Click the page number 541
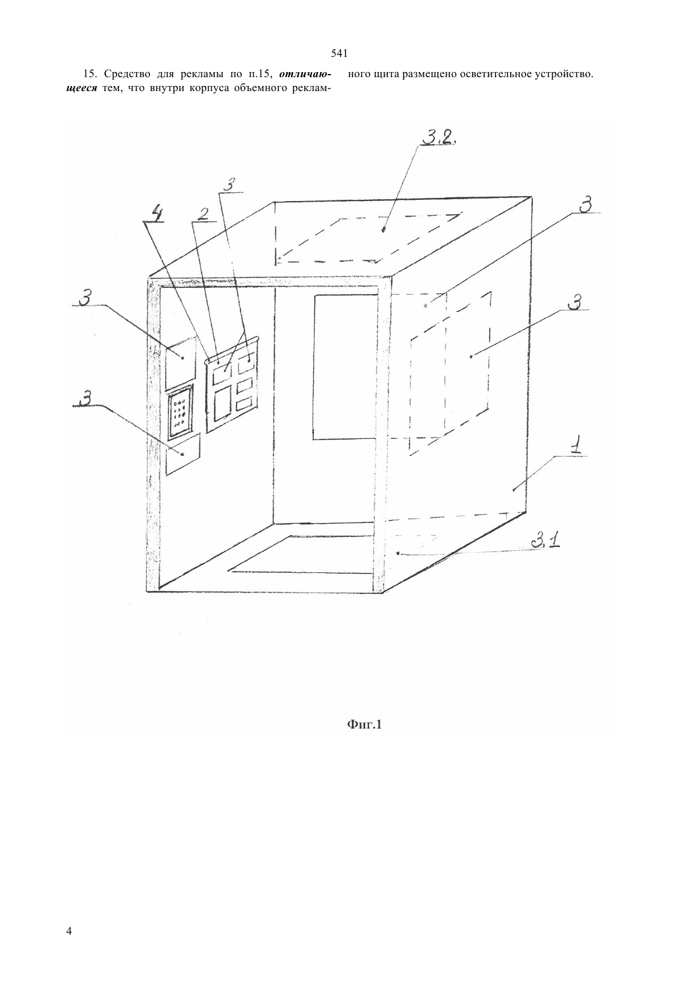click(x=339, y=54)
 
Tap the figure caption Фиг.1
click(x=364, y=724)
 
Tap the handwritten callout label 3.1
click(x=544, y=541)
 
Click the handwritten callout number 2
click(x=202, y=214)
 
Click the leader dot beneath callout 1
click(x=513, y=490)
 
